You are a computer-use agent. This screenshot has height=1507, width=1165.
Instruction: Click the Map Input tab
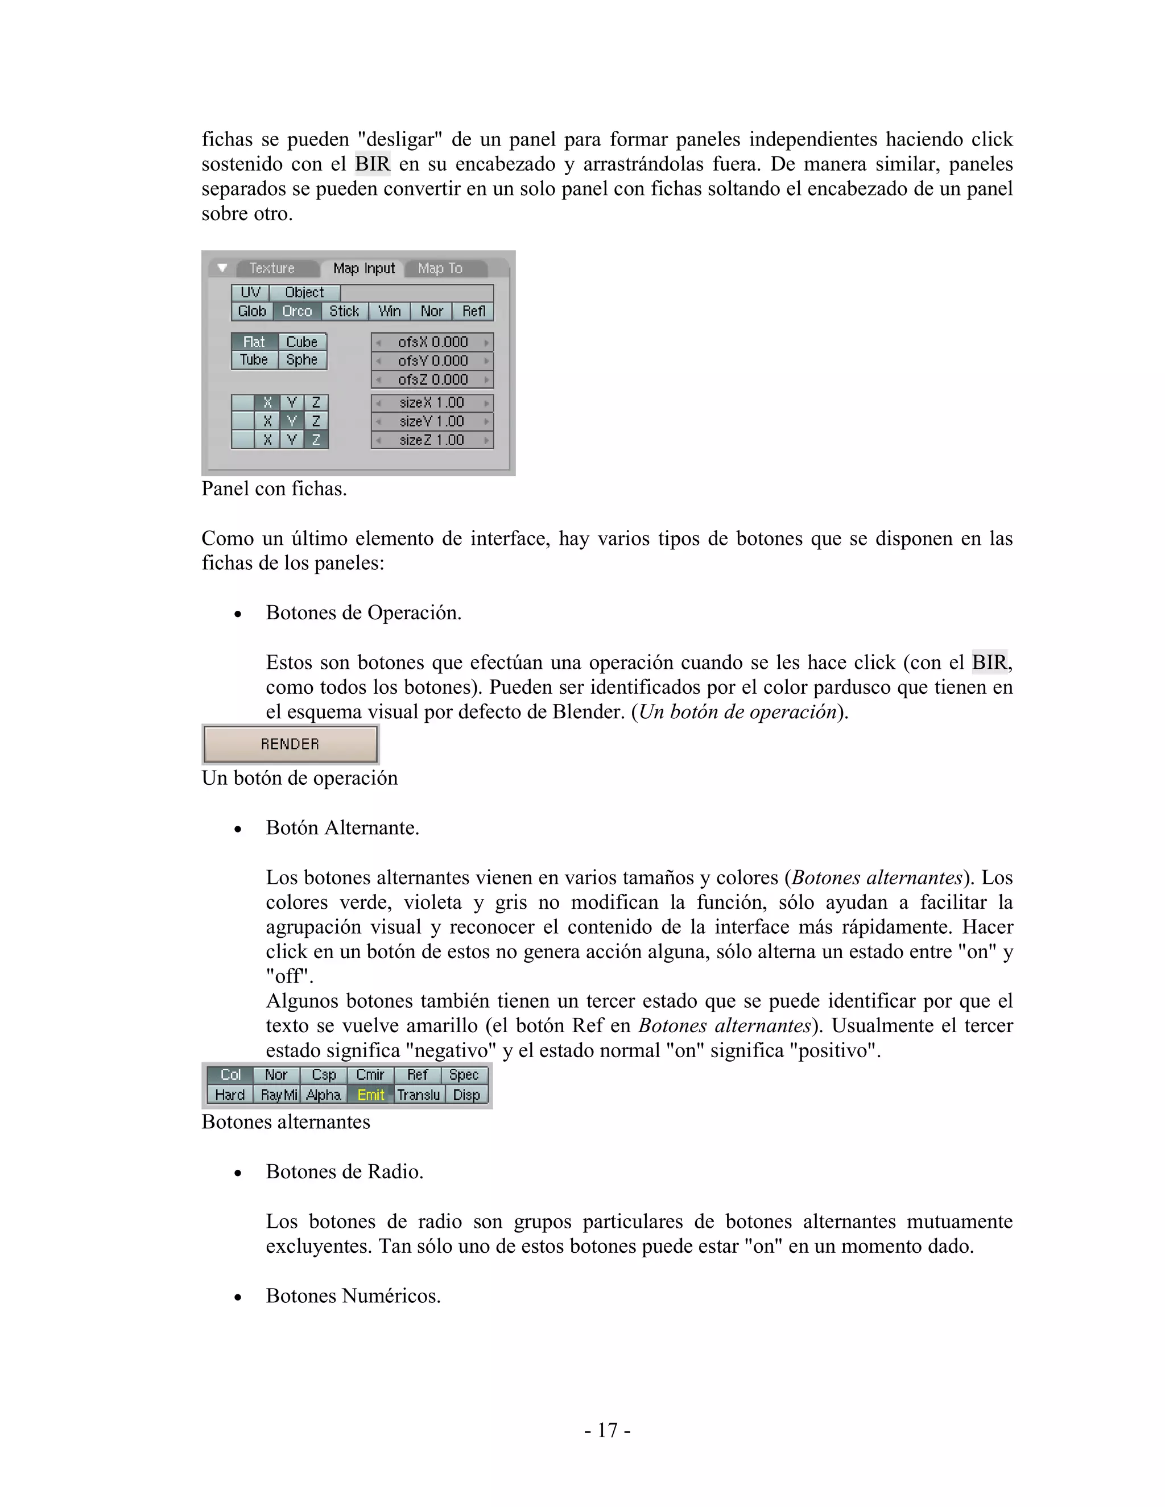363,268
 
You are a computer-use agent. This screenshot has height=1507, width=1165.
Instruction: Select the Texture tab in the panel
272,268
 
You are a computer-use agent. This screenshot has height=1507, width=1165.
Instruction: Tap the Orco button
297,311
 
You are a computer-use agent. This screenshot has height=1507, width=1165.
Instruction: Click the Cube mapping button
301,342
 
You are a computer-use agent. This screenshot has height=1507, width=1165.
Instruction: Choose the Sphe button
301,360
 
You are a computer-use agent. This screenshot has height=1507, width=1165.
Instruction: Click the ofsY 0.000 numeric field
432,361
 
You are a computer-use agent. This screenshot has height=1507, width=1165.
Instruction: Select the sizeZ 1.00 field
432,440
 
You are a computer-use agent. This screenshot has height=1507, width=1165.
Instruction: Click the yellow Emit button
371,1095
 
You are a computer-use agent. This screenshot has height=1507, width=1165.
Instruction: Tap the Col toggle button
230,1075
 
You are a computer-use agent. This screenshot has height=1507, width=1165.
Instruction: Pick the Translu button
418,1095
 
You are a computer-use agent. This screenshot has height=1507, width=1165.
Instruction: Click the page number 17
606,1430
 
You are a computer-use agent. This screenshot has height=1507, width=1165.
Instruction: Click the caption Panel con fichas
274,489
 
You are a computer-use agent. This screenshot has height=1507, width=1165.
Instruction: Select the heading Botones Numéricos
353,1296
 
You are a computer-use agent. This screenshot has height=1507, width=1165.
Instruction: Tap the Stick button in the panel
344,311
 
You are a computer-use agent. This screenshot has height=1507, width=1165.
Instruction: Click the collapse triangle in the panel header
221,268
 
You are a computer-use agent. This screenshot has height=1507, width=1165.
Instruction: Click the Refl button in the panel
473,311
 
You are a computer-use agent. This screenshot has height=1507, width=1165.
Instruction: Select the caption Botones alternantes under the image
286,1122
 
